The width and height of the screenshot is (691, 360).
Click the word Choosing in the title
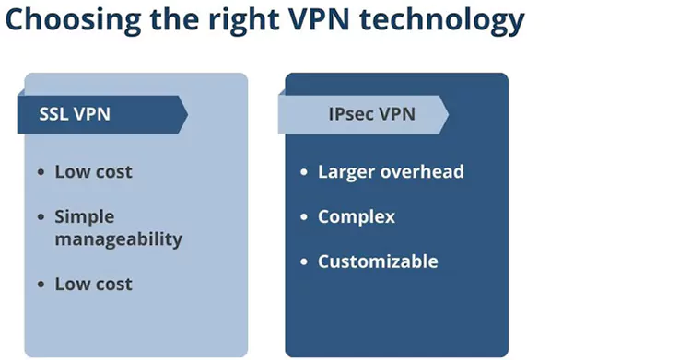64,19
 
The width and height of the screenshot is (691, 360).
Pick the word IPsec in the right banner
351,115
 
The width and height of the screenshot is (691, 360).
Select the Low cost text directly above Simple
93,171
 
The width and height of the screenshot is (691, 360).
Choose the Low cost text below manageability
93,284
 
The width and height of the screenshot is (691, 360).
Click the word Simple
85,217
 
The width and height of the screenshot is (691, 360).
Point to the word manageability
119,239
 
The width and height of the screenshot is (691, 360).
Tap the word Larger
345,171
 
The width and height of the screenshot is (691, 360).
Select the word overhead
421,171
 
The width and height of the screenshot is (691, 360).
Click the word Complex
357,217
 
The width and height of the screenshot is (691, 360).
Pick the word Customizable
378,261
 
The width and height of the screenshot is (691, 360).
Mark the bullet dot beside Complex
305,218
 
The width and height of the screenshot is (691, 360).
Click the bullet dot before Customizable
305,262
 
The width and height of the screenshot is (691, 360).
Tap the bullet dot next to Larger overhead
305,172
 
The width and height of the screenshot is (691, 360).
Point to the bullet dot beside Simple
41,218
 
